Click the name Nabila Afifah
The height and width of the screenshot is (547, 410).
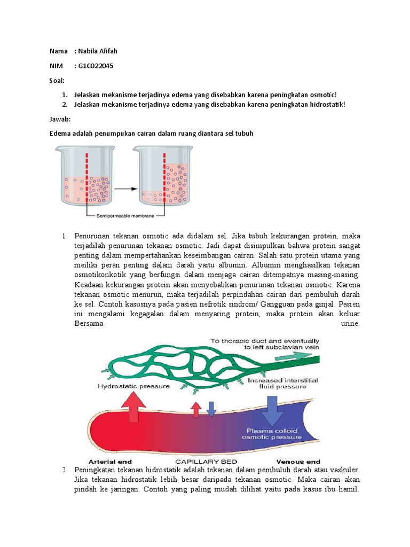pyautogui.click(x=98, y=51)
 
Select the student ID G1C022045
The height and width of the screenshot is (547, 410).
pyautogui.click(x=96, y=66)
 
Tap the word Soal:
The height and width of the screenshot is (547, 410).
pyautogui.click(x=57, y=81)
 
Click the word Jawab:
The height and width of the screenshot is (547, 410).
pyautogui.click(x=60, y=119)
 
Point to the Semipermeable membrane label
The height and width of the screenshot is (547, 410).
pyautogui.click(x=125, y=216)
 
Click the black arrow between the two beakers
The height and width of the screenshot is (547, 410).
pyautogui.click(x=126, y=189)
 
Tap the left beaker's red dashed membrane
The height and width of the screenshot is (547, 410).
pyautogui.click(x=87, y=178)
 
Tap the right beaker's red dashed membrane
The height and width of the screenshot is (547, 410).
pyautogui.click(x=164, y=178)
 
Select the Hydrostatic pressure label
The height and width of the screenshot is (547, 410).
pyautogui.click(x=133, y=386)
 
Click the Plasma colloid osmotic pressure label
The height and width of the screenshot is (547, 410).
pyautogui.click(x=272, y=434)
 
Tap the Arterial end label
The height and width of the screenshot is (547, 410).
pyautogui.click(x=110, y=462)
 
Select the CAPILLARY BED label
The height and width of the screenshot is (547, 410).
pyautogui.click(x=206, y=462)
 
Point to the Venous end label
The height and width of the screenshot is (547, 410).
pyautogui.click(x=298, y=462)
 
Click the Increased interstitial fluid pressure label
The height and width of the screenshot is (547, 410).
pyautogui.click(x=283, y=384)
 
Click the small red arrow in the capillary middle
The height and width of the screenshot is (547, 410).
pyautogui.click(x=196, y=409)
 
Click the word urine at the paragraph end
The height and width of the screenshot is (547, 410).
pyautogui.click(x=350, y=323)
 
